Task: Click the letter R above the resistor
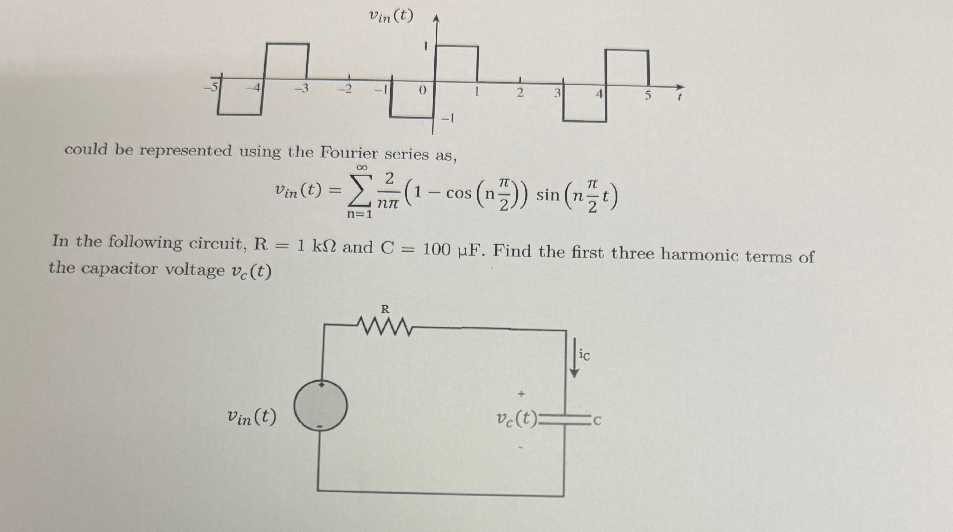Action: point(385,309)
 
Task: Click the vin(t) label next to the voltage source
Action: point(251,418)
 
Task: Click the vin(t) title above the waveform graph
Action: point(391,16)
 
